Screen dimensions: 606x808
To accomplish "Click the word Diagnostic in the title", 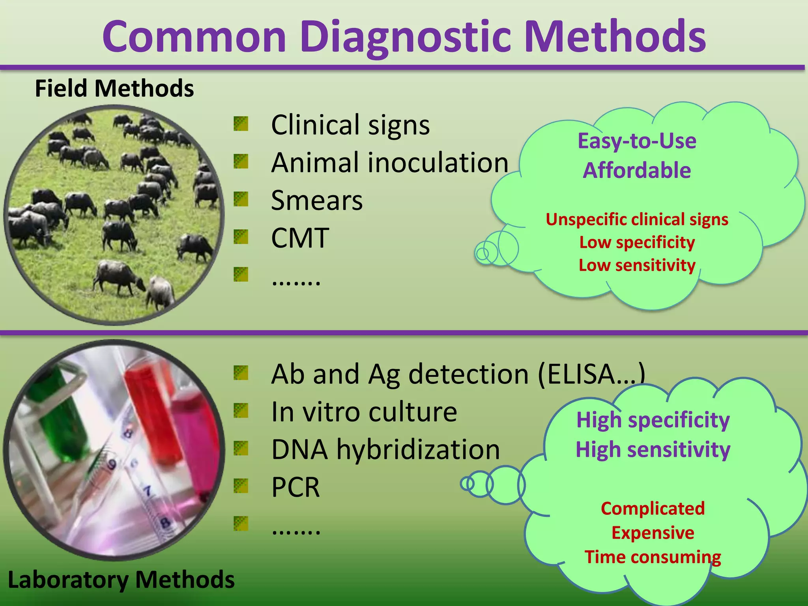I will point(406,37).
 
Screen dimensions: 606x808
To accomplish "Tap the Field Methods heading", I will point(114,88).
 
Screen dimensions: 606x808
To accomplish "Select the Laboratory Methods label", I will point(121,580).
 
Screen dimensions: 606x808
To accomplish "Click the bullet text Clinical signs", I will point(350,125).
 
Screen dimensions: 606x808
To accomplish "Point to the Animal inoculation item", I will point(390,163).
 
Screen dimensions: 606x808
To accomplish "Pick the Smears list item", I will point(317,200).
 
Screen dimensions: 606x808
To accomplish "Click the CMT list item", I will point(300,238).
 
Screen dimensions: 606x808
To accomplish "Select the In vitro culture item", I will point(364,412).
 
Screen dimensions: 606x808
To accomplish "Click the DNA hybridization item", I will point(385,449).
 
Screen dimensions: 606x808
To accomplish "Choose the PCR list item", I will point(296,487).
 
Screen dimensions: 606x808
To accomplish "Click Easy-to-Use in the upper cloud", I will point(637,141).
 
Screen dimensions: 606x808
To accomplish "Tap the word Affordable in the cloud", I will point(637,170).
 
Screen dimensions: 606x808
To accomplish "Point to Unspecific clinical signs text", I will point(637,219).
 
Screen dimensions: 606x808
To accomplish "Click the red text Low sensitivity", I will point(637,265).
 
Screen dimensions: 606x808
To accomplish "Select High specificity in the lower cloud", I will point(653,420).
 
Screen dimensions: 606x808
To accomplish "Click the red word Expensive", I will point(653,533).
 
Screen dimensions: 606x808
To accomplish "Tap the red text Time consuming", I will point(653,557).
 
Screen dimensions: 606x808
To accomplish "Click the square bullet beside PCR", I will point(241,486).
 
